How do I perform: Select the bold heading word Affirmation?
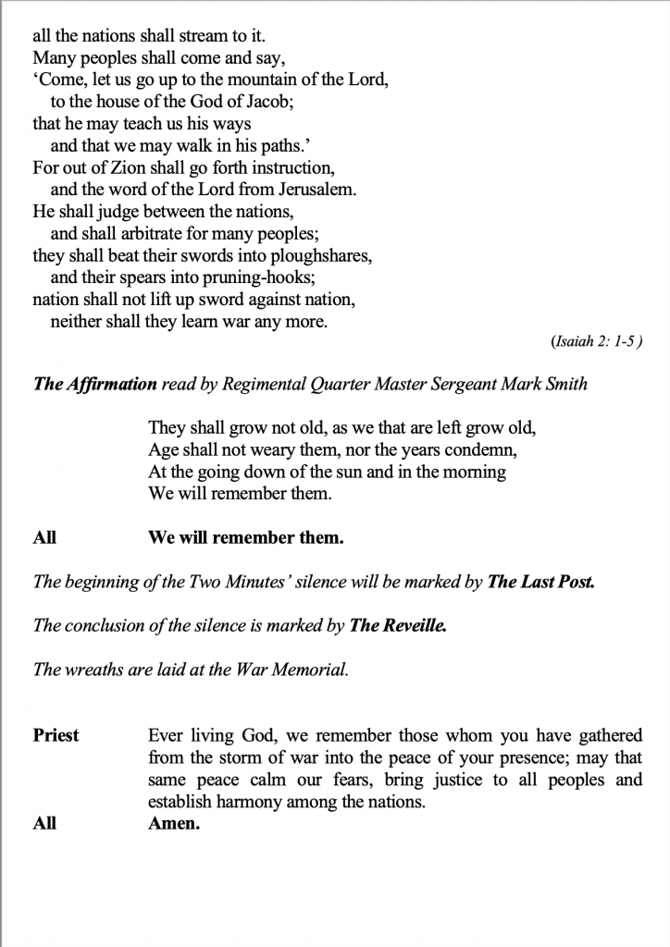point(111,383)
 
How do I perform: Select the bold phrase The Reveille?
point(398,625)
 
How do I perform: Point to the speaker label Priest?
point(56,736)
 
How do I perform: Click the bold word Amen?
point(174,823)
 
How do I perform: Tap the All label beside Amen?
point(44,823)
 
